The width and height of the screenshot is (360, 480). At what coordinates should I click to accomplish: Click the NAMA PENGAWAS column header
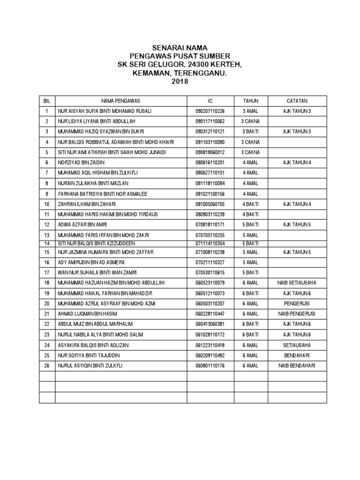[121, 101]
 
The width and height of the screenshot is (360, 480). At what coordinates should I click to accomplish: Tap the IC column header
[210, 101]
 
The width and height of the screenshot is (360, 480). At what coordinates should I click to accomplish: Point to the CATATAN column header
[297, 101]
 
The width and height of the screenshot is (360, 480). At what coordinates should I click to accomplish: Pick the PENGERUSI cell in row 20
[297, 304]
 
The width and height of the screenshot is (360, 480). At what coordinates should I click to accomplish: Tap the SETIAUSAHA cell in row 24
[297, 345]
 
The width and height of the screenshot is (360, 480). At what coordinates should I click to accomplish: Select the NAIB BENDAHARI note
[297, 366]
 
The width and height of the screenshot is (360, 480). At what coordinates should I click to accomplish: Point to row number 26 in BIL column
[47, 366]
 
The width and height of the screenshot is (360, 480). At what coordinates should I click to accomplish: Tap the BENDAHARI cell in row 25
[297, 355]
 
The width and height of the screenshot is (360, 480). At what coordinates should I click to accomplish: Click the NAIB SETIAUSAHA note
[297, 283]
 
